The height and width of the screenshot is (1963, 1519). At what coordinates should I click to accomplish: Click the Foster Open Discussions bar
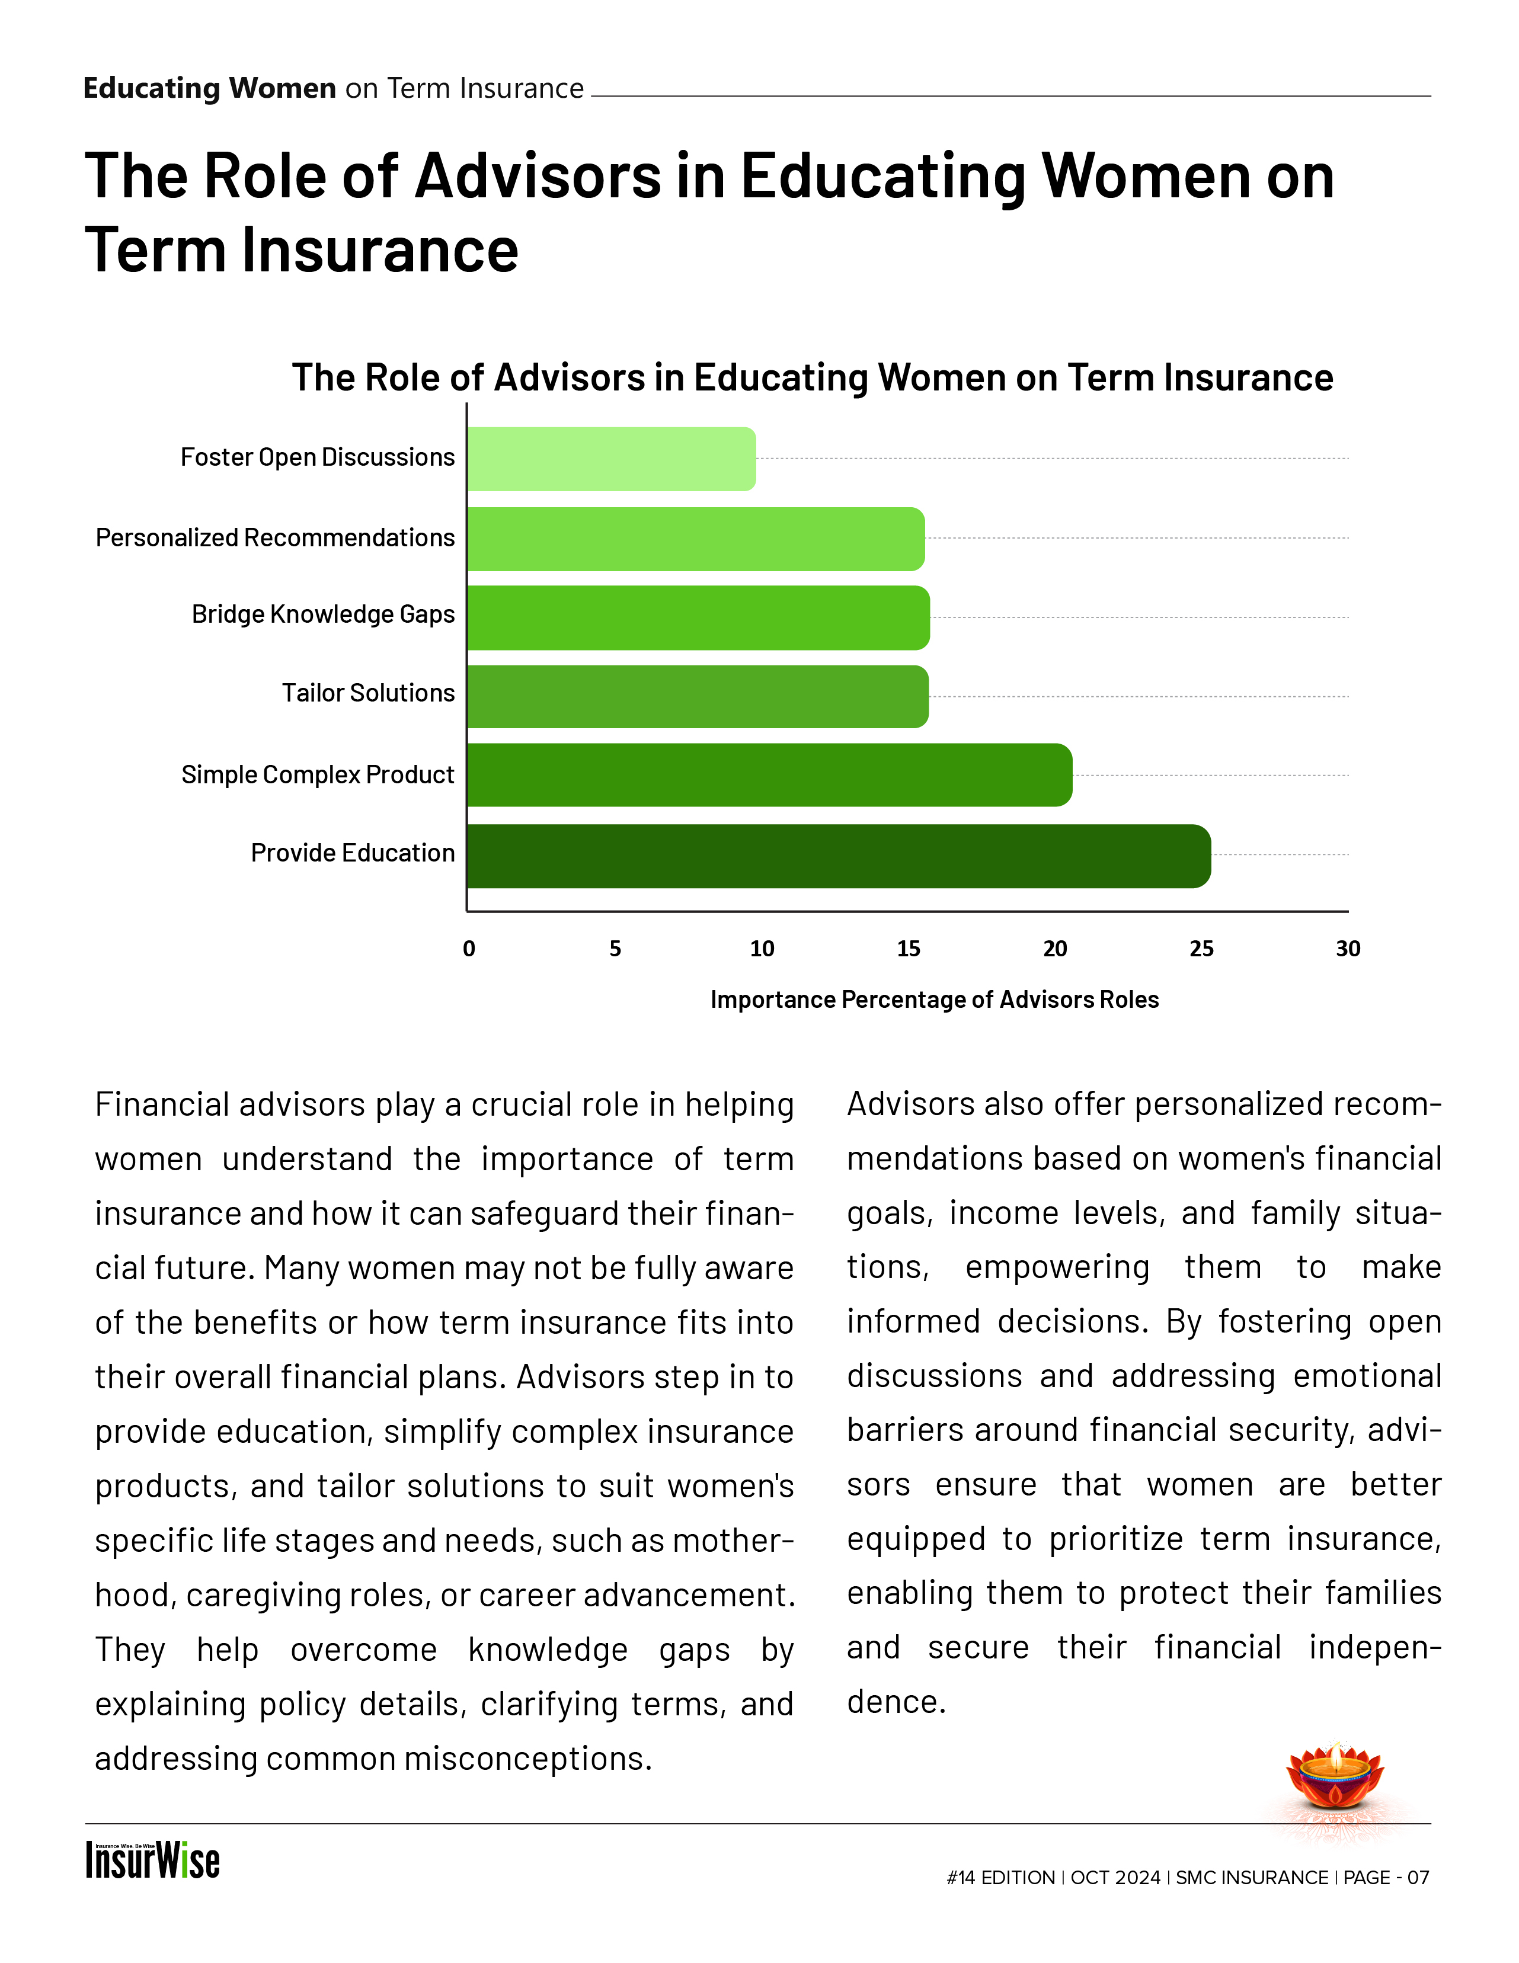point(611,459)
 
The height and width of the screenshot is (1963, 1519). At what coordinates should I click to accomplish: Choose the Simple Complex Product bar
point(769,775)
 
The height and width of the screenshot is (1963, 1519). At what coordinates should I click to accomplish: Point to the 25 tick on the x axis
point(1201,949)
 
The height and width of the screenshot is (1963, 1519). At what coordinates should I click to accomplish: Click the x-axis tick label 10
point(762,949)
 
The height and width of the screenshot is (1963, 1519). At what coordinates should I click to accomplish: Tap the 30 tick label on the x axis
point(1347,949)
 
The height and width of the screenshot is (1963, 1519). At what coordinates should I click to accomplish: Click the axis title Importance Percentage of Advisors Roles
point(934,1000)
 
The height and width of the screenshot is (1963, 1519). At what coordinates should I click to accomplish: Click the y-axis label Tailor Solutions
point(369,693)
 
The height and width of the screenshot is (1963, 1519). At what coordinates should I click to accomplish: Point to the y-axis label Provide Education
point(352,853)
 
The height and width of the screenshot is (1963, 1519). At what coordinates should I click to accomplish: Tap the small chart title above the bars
point(811,377)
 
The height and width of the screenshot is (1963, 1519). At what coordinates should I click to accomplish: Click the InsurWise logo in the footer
point(153,1860)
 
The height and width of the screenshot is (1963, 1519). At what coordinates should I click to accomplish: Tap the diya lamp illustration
point(1336,1781)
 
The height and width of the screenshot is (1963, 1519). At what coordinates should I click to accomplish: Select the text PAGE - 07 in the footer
point(1386,1878)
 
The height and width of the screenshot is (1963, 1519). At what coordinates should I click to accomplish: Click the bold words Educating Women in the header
point(209,88)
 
